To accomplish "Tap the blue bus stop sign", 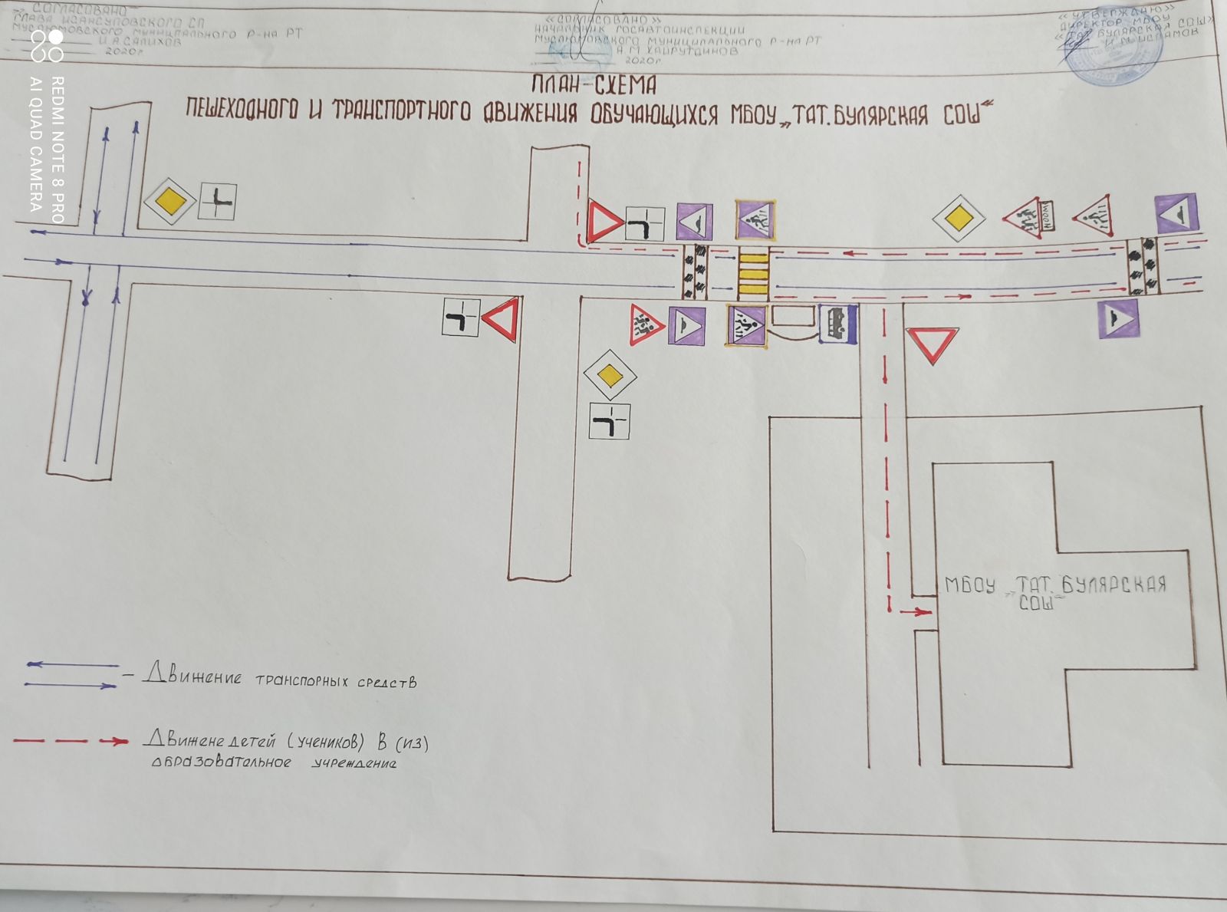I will tap(837, 324).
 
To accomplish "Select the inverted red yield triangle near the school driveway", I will tap(932, 345).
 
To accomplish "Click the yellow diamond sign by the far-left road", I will tap(170, 202).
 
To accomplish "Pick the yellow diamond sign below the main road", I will tap(609, 375).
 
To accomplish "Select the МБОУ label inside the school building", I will tap(969, 585).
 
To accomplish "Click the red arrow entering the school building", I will tap(916, 611).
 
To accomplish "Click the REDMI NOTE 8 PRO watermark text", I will tap(58, 150).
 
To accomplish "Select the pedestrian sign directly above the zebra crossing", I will tap(755, 220).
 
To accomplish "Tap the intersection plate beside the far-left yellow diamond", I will tap(217, 202).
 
